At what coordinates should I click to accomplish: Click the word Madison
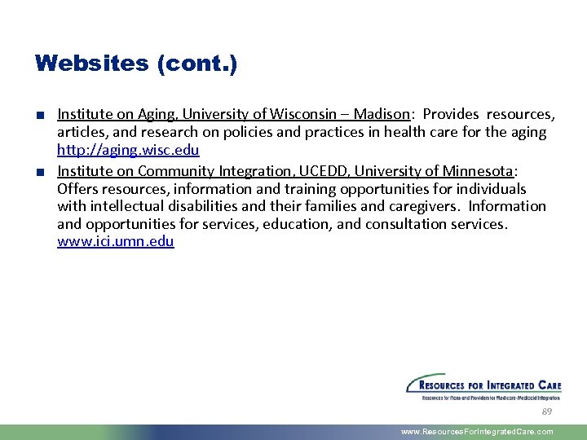384,114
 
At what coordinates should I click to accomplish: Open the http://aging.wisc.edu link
128,150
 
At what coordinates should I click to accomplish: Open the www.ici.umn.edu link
115,241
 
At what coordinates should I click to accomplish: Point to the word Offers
77,188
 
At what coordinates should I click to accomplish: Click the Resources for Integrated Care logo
484,387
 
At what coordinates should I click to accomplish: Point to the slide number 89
547,412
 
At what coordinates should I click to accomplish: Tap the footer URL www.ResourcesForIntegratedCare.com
477,432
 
